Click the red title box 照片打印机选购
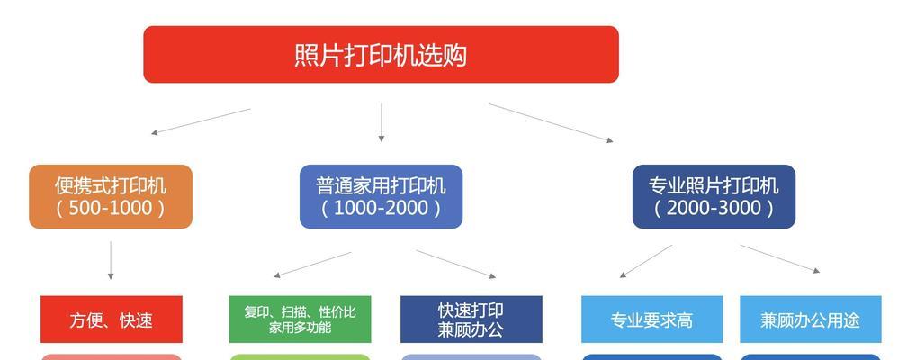[382, 54]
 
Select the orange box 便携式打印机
[111, 197]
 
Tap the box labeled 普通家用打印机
[382, 197]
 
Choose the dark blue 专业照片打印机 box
[714, 197]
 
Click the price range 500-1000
[111, 209]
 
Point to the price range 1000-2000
[382, 209]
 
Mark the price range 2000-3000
[714, 209]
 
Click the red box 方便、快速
[111, 319]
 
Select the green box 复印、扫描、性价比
[301, 319]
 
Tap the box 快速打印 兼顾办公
[471, 319]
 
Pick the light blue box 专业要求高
[651, 319]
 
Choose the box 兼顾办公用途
[811, 319]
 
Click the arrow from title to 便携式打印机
[201, 121]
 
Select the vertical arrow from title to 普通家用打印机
[382, 122]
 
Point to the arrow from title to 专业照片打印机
[551, 122]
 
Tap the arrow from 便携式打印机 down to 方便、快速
[111, 260]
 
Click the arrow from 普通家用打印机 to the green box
[312, 265]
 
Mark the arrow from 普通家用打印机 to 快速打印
[456, 265]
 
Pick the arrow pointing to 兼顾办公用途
[780, 258]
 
